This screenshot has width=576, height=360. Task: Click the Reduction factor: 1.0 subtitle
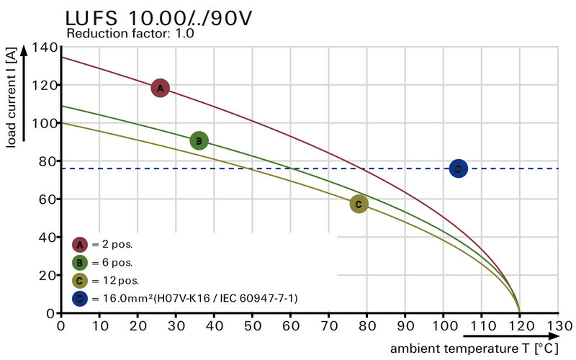coord(130,33)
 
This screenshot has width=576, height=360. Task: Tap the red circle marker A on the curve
coord(160,88)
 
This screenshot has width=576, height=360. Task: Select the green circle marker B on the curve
coord(199,141)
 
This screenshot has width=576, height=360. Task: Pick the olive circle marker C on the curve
coord(359,204)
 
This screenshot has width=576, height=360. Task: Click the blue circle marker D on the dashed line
coord(458,168)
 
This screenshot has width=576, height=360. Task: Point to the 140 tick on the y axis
coord(45,48)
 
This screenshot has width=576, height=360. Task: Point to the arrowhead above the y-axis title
coord(24,49)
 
